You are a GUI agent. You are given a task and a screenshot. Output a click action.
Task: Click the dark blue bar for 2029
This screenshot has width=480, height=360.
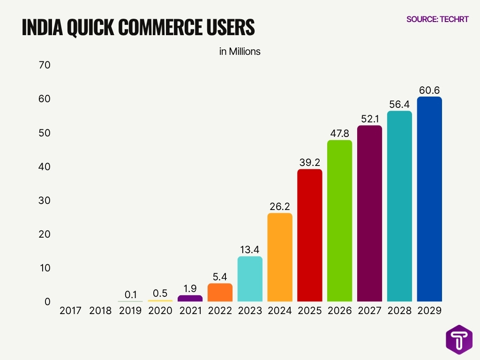tap(429, 199)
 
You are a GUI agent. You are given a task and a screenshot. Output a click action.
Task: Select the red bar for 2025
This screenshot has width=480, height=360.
tap(310, 235)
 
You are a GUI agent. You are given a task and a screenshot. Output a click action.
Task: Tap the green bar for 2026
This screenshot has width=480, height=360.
tap(339, 221)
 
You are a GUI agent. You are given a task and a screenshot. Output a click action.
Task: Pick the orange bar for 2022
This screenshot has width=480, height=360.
tap(220, 292)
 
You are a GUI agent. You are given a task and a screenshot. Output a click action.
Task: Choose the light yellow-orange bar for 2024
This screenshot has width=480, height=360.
tap(280, 257)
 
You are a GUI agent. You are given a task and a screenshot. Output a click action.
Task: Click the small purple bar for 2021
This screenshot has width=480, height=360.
tap(190, 298)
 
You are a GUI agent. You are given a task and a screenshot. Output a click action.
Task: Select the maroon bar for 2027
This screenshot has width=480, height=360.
tap(369, 213)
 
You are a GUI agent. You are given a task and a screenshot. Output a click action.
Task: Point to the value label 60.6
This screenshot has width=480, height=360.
tap(429, 90)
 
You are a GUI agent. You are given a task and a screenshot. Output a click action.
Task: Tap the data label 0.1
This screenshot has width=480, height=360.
tap(130, 294)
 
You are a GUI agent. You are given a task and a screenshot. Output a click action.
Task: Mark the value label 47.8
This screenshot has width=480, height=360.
tap(339, 134)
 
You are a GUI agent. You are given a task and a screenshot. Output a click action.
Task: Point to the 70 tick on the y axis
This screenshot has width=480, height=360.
tap(45, 65)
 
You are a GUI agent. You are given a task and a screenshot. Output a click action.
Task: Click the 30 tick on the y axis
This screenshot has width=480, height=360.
tap(45, 200)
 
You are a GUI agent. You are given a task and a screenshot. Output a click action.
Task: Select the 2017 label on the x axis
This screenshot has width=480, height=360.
tap(70, 311)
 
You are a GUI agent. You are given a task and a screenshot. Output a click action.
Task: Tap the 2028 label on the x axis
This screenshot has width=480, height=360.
tap(399, 311)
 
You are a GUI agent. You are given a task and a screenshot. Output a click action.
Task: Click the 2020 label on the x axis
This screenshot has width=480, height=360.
tap(160, 311)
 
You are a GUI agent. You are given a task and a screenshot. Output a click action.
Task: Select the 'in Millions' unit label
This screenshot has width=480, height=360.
tap(240, 52)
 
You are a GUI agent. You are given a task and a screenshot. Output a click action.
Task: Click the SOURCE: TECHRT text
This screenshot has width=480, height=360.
tap(437, 19)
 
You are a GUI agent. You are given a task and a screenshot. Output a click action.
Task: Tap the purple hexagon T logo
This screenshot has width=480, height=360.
tap(459, 339)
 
